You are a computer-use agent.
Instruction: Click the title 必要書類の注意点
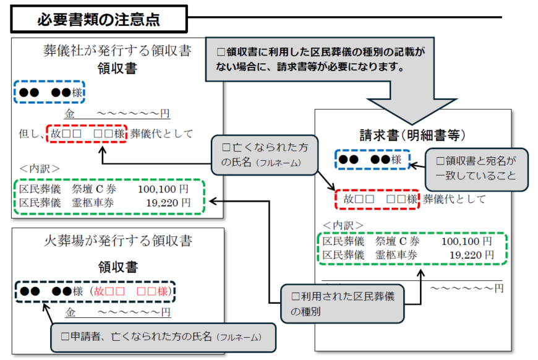point(98,19)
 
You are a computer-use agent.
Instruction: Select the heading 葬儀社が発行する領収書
point(116,51)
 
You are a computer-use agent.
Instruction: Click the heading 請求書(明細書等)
point(412,134)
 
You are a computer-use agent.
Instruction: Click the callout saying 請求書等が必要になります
point(322,59)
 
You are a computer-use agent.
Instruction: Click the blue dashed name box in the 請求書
point(372,160)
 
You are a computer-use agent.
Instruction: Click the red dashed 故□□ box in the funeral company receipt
point(87,134)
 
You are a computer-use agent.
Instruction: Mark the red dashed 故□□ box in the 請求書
point(377,199)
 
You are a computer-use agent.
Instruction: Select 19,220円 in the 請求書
point(471,254)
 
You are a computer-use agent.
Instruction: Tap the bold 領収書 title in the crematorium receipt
point(117,267)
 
